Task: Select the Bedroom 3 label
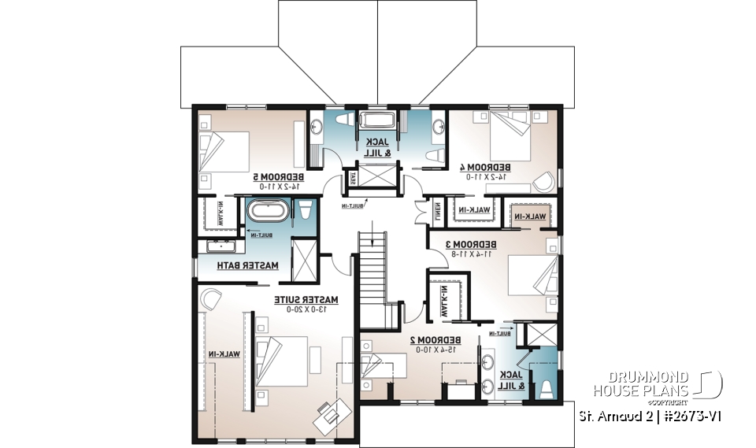[470, 244]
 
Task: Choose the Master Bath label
[250, 265]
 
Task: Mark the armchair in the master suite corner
[210, 298]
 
